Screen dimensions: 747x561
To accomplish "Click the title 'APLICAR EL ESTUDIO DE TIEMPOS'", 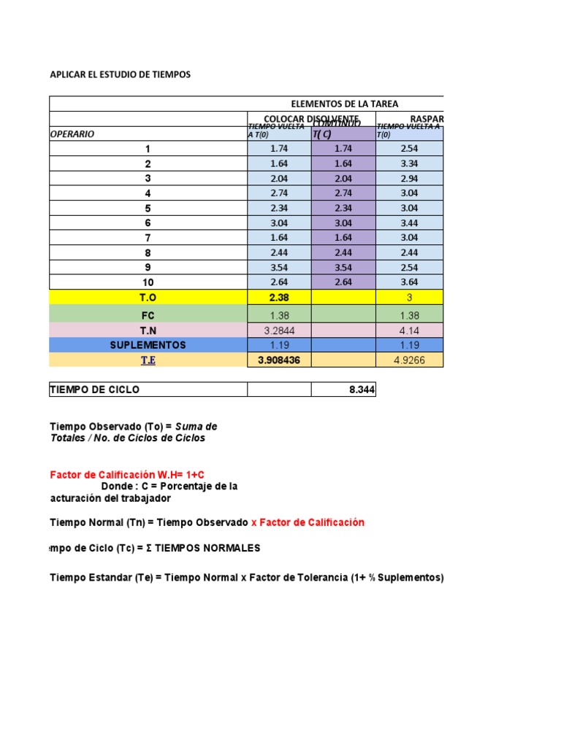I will point(120,74).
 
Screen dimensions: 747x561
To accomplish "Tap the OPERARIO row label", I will point(72,134).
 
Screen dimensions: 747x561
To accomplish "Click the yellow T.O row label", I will point(148,298).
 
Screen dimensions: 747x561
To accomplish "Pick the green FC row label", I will point(148,314).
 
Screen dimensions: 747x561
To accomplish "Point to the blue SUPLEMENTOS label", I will point(148,345).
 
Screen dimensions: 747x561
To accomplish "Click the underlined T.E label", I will point(148,360).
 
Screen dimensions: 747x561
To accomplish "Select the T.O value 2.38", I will point(279,298).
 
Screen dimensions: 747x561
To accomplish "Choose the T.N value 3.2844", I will point(279,330).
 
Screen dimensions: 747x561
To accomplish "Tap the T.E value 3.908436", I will point(279,360).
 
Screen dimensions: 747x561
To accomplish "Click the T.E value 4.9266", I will point(409,360).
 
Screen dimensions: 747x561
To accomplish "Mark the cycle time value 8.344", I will point(362,390).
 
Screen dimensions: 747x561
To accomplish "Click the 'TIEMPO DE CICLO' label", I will point(94,390).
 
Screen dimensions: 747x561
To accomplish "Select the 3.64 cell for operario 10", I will point(409,282).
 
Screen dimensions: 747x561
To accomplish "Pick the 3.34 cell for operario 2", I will point(409,164).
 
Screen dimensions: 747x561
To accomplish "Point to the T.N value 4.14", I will point(409,330).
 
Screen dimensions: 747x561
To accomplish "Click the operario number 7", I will point(148,238).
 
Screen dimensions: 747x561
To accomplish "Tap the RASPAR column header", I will point(427,119).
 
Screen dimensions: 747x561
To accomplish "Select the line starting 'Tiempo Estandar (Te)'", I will point(247,578).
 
